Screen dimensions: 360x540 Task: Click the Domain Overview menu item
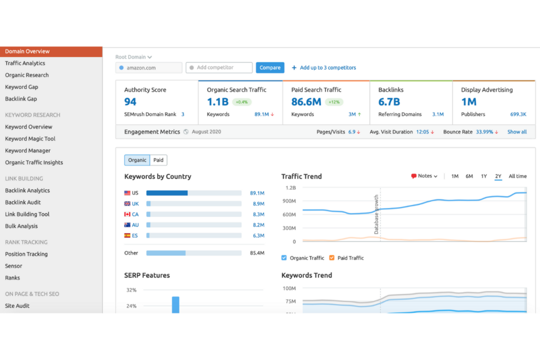tap(27, 51)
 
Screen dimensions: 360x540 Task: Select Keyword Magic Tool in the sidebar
tap(30, 139)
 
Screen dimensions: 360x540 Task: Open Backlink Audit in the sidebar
tap(23, 202)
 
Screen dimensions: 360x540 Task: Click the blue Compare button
tap(270, 67)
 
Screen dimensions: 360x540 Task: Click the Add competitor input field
tap(219, 67)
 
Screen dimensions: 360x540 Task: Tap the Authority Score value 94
tap(130, 102)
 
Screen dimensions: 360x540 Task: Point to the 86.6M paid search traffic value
tap(306, 102)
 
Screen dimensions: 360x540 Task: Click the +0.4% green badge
tap(242, 102)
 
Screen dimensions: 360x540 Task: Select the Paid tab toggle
tap(158, 160)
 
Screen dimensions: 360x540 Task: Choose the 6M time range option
tap(469, 176)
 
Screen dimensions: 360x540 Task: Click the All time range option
tap(517, 176)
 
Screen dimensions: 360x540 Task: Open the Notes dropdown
tap(425, 176)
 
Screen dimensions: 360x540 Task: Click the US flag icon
tap(128, 193)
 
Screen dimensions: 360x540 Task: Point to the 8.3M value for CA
tap(258, 214)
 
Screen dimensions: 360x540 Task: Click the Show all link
tap(517, 132)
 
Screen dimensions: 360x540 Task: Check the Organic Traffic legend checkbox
tap(284, 258)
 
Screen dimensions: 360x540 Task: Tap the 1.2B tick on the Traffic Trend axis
tap(291, 188)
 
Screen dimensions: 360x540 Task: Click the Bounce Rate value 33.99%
tap(484, 132)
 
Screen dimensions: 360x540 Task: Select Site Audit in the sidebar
tap(17, 306)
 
